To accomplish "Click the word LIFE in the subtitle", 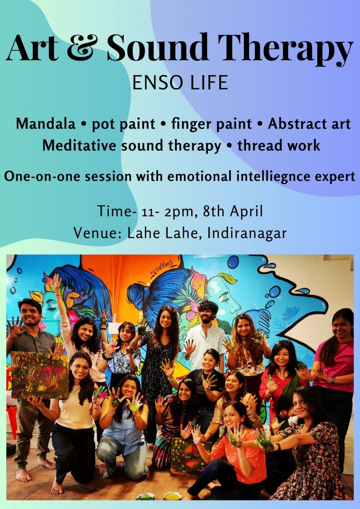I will click(x=208, y=83).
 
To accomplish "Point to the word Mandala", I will click(x=45, y=124).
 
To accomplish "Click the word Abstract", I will click(x=295, y=124).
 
